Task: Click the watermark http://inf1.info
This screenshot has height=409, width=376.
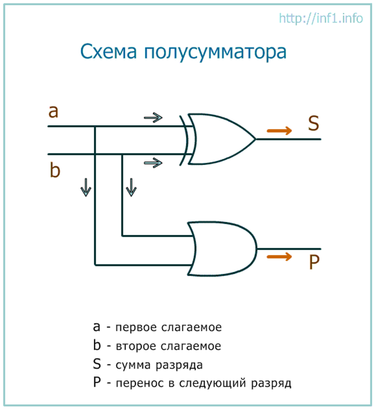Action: (x=321, y=18)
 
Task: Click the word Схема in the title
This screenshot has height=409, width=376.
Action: (x=108, y=52)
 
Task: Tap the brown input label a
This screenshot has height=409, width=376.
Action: (x=54, y=112)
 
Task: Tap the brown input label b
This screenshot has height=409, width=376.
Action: (x=55, y=170)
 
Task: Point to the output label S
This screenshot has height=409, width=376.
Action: (x=313, y=123)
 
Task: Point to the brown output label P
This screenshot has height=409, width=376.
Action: (x=314, y=261)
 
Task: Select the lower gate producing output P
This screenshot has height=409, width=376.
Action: (x=222, y=249)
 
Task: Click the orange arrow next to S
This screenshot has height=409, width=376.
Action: (x=279, y=131)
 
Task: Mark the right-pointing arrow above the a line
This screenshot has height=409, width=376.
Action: (x=153, y=118)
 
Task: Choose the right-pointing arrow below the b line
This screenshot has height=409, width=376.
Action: (x=153, y=163)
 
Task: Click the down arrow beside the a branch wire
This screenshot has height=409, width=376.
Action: (x=86, y=187)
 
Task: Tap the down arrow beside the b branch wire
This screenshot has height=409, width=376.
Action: (x=131, y=187)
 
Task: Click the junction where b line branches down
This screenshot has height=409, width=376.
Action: (x=122, y=155)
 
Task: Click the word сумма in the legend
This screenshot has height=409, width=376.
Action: (x=133, y=365)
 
